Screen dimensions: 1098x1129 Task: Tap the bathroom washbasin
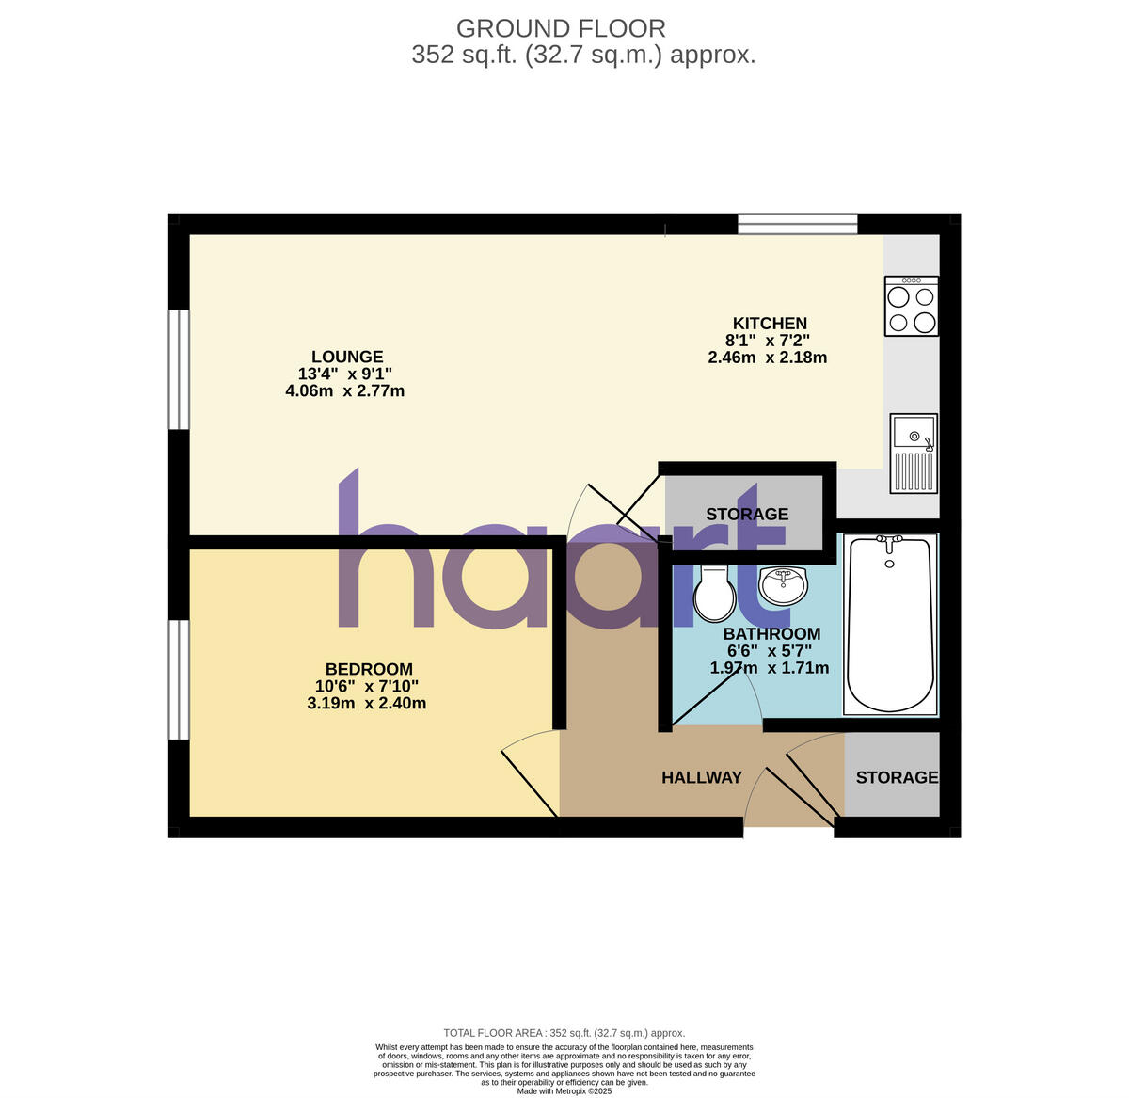click(783, 586)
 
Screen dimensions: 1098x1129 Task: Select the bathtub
click(890, 626)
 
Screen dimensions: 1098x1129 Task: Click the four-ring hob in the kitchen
click(912, 307)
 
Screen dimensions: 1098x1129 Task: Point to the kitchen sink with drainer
click(913, 454)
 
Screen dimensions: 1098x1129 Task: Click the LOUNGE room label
click(347, 357)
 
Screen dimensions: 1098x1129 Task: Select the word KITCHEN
click(770, 324)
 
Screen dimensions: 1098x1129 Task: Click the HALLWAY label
click(702, 777)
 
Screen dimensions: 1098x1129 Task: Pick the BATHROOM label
click(771, 634)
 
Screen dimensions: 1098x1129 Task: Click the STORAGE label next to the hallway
click(897, 777)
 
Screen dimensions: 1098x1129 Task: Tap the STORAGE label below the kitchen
click(747, 514)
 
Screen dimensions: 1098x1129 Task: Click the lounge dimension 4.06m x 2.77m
click(345, 390)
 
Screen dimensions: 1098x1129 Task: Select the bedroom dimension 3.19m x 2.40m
click(367, 703)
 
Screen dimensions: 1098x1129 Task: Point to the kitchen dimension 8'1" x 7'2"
click(767, 341)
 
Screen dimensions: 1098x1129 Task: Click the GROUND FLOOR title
click(561, 28)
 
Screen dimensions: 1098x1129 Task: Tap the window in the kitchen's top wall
click(798, 224)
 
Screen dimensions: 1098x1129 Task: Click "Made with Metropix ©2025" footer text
click(564, 1091)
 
